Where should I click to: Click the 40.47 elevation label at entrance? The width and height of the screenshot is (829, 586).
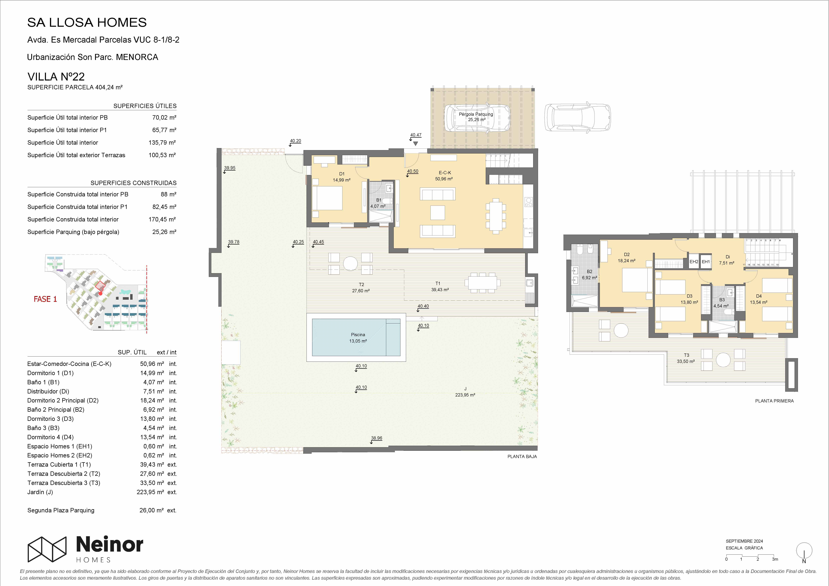416,135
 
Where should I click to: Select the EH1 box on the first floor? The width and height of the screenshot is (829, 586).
706,262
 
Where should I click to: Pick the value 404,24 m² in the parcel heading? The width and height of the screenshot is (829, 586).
109,87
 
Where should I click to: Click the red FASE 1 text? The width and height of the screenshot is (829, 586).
45,299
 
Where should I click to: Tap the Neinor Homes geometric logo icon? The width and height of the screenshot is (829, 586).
47,549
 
